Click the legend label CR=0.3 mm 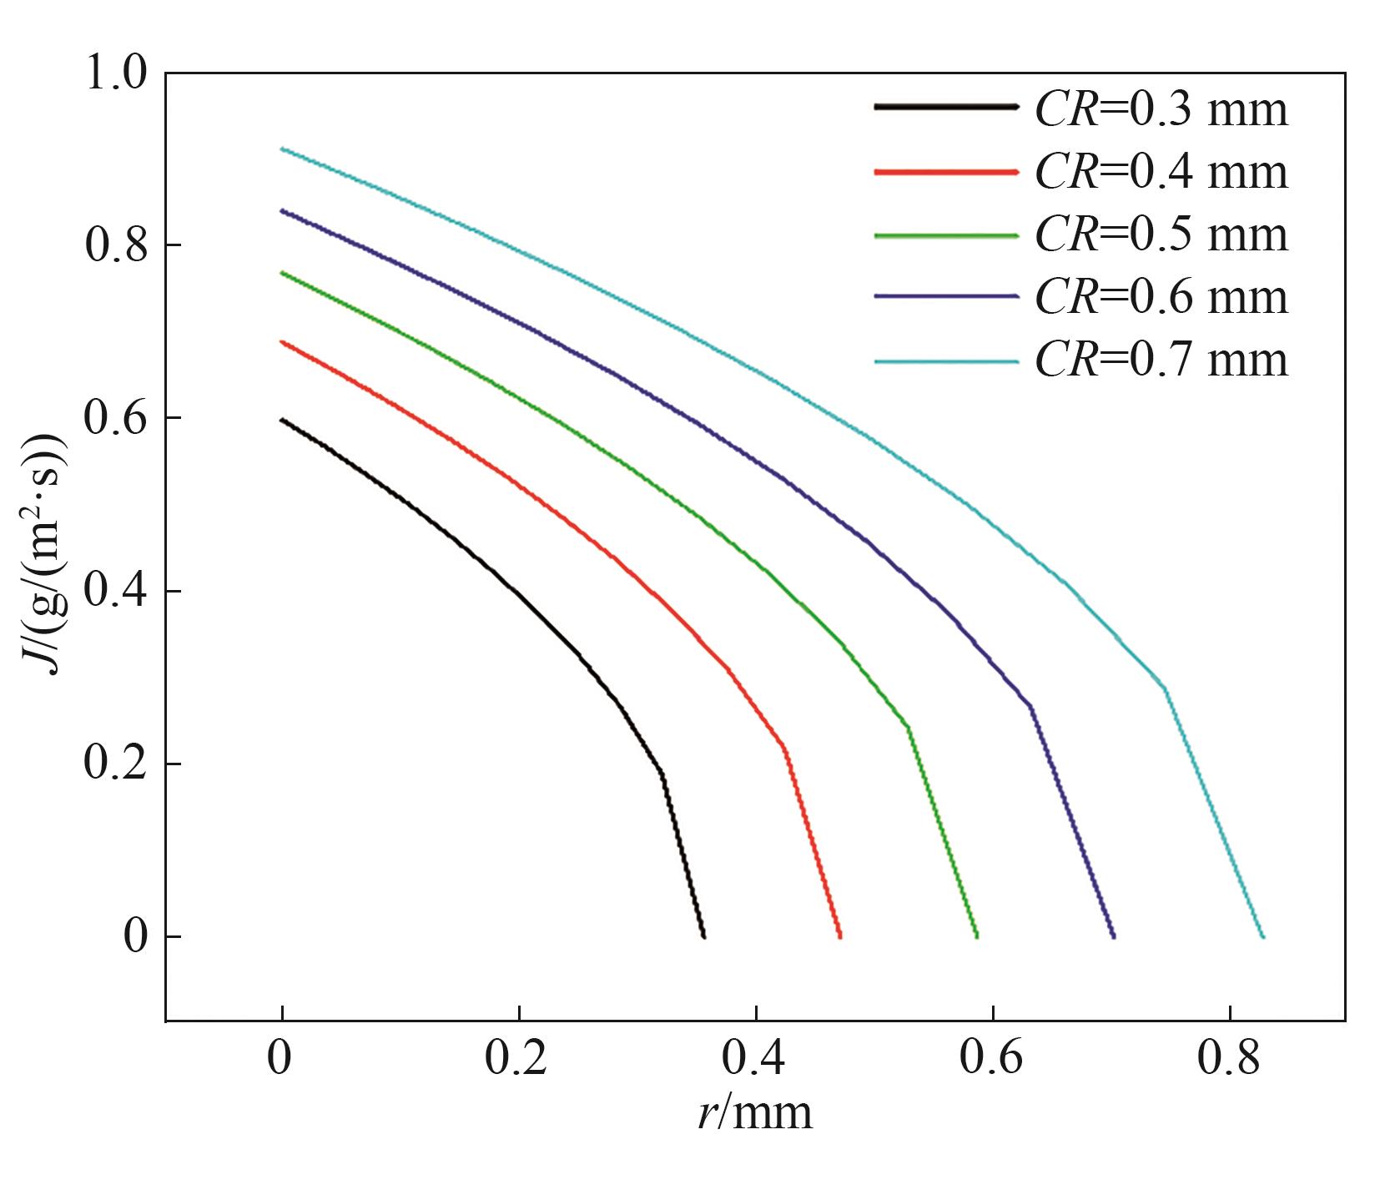pyautogui.click(x=1161, y=109)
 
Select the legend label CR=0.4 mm pyautogui.click(x=1161, y=172)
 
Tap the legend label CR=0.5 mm pyautogui.click(x=1161, y=234)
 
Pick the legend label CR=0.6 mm pyautogui.click(x=1161, y=296)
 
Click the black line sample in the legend pyautogui.click(x=946, y=107)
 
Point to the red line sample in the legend pyautogui.click(x=946, y=172)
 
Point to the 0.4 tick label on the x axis pyautogui.click(x=753, y=1059)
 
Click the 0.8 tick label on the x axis pyautogui.click(x=1228, y=1059)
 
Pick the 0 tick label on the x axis pyautogui.click(x=280, y=1059)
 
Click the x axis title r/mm pyautogui.click(x=755, y=1113)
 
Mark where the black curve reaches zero pyautogui.click(x=704, y=936)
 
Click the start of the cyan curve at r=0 pyautogui.click(x=282, y=149)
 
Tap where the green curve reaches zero pyautogui.click(x=976, y=936)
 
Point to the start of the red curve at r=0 pyautogui.click(x=282, y=341)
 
